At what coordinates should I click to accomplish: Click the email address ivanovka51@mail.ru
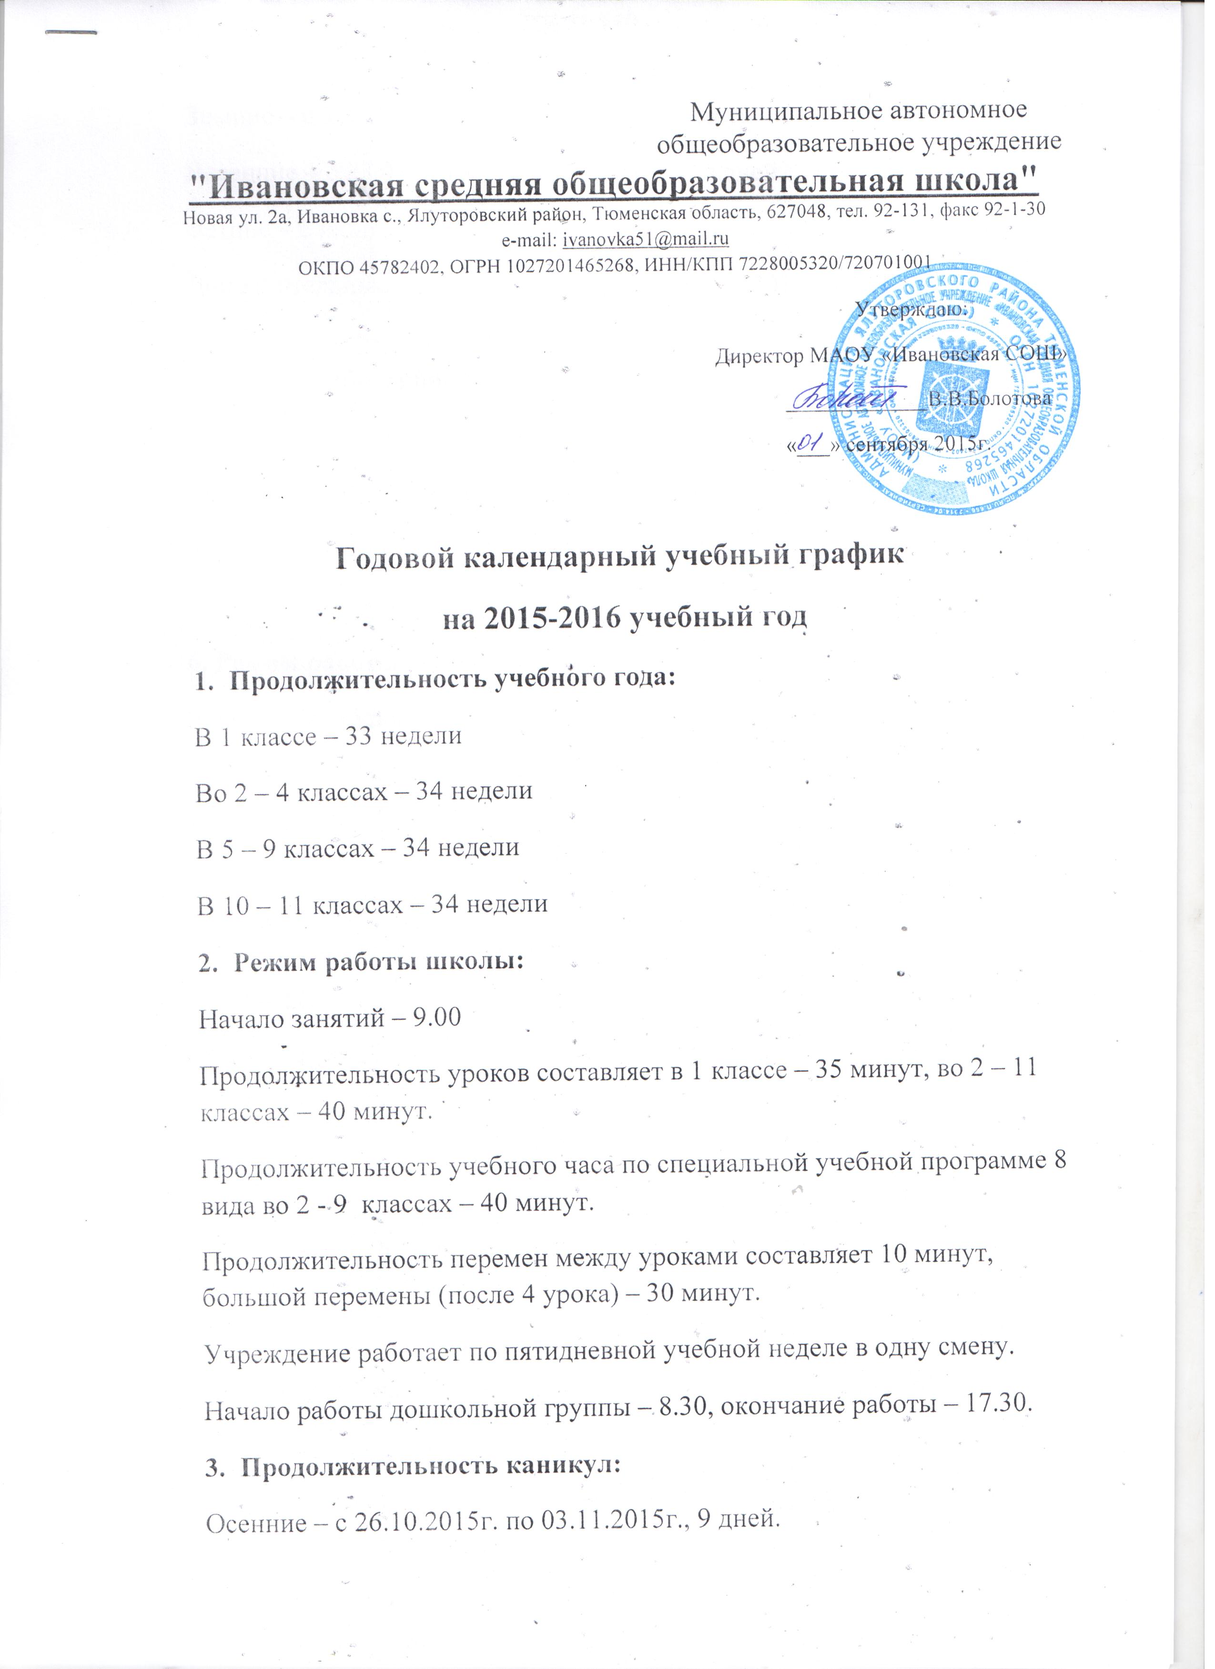[x=646, y=240]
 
